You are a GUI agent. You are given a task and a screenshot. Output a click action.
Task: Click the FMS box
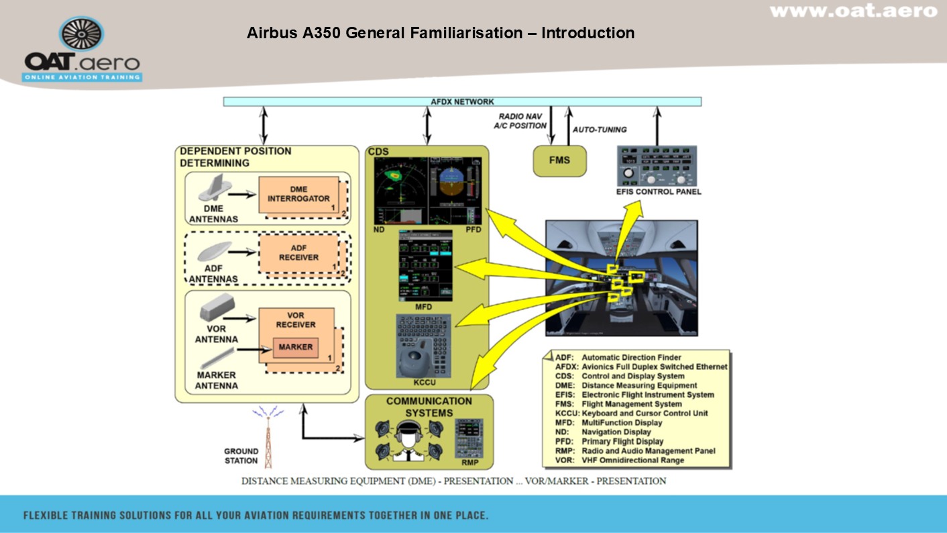[559, 161]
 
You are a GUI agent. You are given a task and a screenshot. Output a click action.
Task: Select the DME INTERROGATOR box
[298, 194]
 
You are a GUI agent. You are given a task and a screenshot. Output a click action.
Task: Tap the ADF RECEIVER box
[298, 252]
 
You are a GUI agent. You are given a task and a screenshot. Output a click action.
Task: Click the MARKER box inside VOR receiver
[295, 347]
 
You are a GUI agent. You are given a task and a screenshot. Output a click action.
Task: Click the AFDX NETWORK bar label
[462, 102]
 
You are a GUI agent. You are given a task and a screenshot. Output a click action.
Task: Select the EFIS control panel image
[658, 166]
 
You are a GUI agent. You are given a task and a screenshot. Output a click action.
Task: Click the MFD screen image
[424, 266]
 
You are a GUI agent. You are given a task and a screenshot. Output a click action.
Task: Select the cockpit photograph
[621, 278]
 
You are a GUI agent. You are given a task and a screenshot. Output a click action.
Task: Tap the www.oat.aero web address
[853, 11]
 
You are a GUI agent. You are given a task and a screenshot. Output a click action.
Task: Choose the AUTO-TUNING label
[600, 130]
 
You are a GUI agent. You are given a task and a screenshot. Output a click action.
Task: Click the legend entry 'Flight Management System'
[632, 404]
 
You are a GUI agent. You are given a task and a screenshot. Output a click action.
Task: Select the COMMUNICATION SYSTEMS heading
[429, 407]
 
